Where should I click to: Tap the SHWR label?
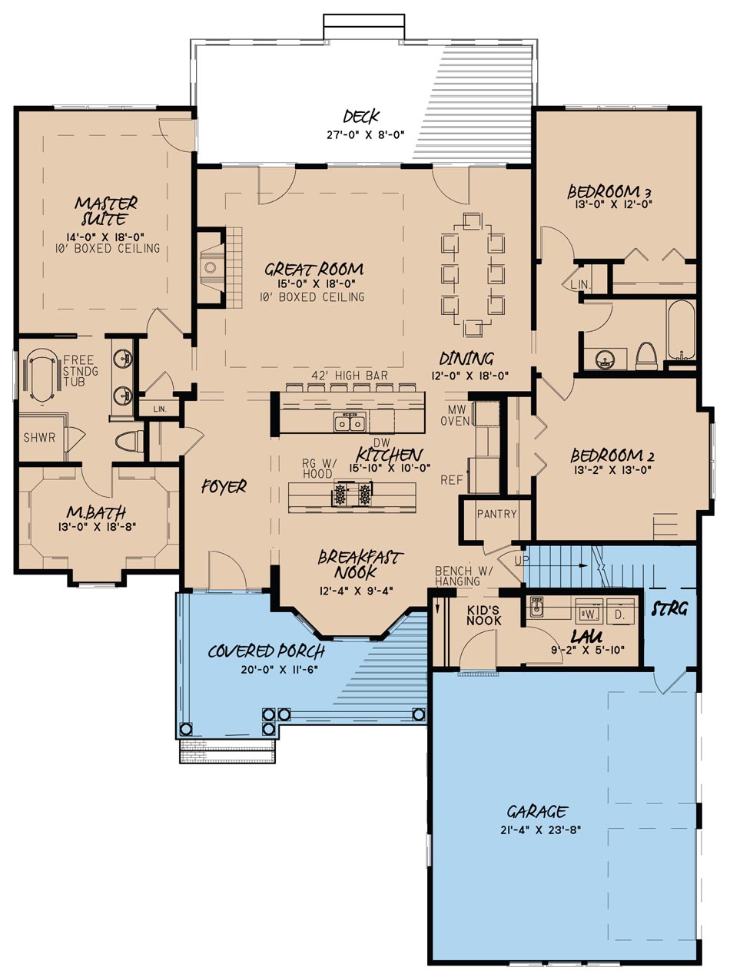[39, 438]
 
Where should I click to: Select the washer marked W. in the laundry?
[590, 614]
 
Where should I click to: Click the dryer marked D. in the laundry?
[620, 614]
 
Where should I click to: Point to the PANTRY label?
[496, 514]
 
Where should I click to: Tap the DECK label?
[362, 117]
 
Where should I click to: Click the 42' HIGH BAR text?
[349, 376]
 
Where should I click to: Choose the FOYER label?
[224, 486]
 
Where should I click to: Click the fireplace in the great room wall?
[209, 267]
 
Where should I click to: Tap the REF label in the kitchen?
[451, 480]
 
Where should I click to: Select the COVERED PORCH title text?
[267, 651]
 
